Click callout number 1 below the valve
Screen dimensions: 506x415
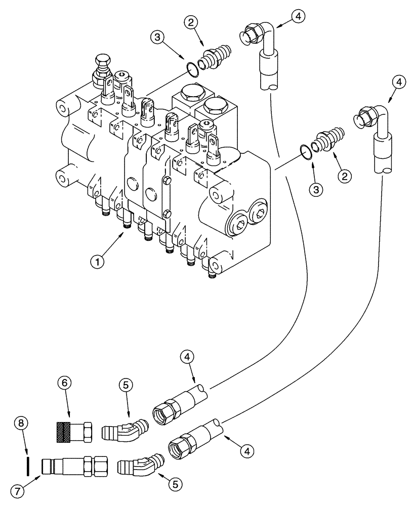click(100, 263)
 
